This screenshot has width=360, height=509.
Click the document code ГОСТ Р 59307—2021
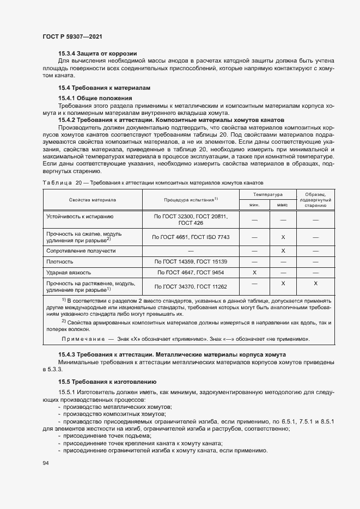[72, 36]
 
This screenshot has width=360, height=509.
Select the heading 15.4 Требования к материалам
[104, 88]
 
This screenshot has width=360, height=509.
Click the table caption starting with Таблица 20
[152, 182]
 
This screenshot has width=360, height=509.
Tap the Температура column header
[267, 194]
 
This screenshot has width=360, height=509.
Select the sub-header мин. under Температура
[254, 205]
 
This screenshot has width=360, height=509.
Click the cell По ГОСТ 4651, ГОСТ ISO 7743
[191, 237]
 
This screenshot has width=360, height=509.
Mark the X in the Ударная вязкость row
[254, 272]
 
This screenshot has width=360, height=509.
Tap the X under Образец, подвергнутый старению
[315, 284]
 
